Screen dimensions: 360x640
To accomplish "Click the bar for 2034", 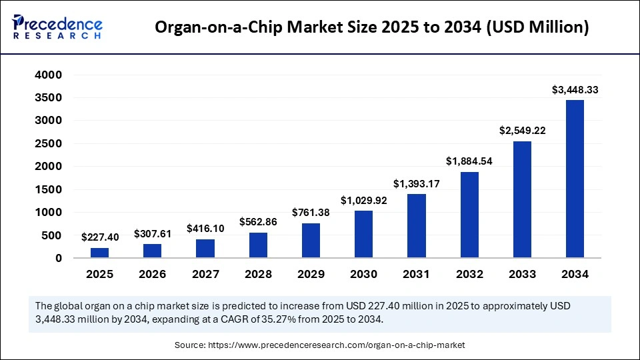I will pyautogui.click(x=575, y=179).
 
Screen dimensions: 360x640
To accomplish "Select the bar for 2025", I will pyautogui.click(x=99, y=253).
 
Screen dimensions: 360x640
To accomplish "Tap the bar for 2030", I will pyautogui.click(x=363, y=234).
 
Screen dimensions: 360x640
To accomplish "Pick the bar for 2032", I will pyautogui.click(x=469, y=215).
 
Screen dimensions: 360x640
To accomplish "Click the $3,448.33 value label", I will pyautogui.click(x=575, y=89).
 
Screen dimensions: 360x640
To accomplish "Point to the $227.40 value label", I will pyautogui.click(x=99, y=237).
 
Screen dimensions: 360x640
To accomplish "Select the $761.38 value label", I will pyautogui.click(x=311, y=213).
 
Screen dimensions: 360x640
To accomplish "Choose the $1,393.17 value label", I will pyautogui.click(x=416, y=183).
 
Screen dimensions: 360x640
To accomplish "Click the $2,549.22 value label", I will pyautogui.click(x=522, y=131).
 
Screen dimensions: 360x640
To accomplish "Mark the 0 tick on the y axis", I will pyautogui.click(x=58, y=258).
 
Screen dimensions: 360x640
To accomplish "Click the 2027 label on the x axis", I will pyautogui.click(x=205, y=274).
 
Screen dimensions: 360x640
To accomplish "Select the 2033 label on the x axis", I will pyautogui.click(x=522, y=274).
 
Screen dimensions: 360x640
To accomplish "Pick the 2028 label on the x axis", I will pyautogui.click(x=258, y=274).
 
